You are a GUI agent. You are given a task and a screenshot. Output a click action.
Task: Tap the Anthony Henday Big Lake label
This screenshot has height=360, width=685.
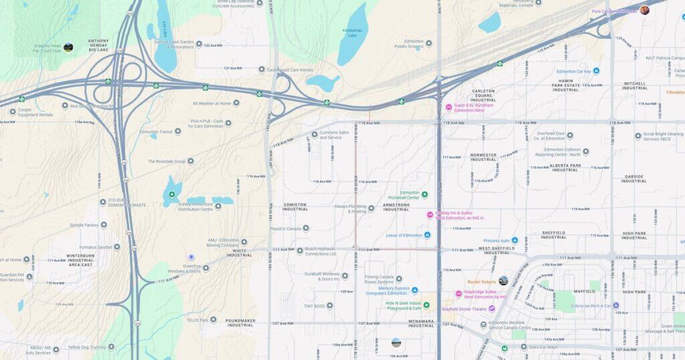point(98,45)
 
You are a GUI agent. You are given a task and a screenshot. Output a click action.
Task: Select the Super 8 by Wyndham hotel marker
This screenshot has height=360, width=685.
point(449,107)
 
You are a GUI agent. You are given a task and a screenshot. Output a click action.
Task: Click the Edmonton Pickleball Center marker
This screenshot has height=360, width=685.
point(424,195)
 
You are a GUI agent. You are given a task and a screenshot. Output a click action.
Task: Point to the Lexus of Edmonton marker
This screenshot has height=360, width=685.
point(427,235)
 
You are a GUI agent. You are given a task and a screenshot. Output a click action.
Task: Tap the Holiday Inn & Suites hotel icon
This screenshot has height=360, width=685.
point(430,215)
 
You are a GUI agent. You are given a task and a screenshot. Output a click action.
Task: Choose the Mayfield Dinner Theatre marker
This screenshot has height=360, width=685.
point(492,308)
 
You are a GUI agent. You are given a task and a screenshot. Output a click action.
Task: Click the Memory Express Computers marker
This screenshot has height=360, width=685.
point(414,290)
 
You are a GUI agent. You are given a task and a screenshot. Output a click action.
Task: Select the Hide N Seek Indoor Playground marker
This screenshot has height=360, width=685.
point(426,305)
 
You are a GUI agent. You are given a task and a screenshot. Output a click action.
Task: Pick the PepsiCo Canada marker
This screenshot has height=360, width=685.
point(306,228)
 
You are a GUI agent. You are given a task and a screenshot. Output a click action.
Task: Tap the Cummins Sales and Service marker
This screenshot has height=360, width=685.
point(314,134)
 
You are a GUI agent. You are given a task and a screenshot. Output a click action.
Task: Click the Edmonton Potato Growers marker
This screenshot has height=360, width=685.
point(429,43)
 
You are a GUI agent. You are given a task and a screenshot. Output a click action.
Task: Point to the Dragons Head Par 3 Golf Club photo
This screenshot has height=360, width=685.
point(68,48)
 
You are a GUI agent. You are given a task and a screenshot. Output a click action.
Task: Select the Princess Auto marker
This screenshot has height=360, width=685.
point(524,240)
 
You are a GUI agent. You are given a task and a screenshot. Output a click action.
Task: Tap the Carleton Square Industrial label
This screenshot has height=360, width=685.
point(483,94)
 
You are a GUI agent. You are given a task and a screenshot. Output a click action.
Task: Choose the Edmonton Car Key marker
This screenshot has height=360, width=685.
point(596,71)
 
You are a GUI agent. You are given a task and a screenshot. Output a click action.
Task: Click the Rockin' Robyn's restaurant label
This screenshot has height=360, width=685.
point(482,282)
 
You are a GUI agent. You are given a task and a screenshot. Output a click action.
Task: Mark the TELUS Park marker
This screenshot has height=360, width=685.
point(213,319)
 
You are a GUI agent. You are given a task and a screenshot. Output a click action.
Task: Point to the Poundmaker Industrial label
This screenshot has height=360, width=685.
point(240,323)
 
